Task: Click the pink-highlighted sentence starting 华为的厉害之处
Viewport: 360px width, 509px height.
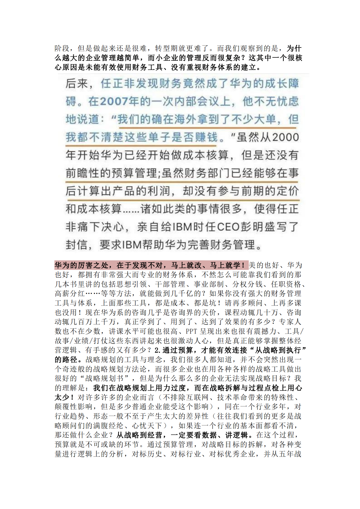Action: coord(151,265)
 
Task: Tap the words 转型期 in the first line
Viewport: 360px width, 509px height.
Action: coord(166,48)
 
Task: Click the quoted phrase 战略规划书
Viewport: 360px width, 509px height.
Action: coord(108,379)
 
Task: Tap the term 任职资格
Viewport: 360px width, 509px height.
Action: coord(286,284)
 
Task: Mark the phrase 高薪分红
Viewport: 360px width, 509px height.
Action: coord(70,294)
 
